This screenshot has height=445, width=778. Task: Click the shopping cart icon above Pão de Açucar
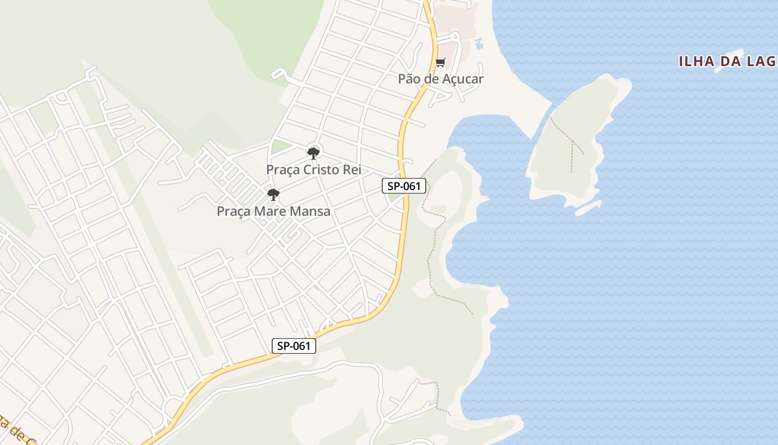click(x=440, y=62)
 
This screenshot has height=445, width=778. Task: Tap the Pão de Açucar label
click(x=440, y=79)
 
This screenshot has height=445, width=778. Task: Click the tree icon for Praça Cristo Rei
click(x=313, y=153)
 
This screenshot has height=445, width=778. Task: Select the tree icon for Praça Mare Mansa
click(x=273, y=195)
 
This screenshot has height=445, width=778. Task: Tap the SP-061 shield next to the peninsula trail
click(x=404, y=186)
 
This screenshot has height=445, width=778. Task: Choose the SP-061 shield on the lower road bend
click(x=294, y=345)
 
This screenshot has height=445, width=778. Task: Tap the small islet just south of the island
click(x=588, y=208)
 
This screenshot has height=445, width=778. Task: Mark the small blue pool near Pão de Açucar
click(x=478, y=43)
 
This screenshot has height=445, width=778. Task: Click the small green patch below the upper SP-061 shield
click(x=395, y=197)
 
